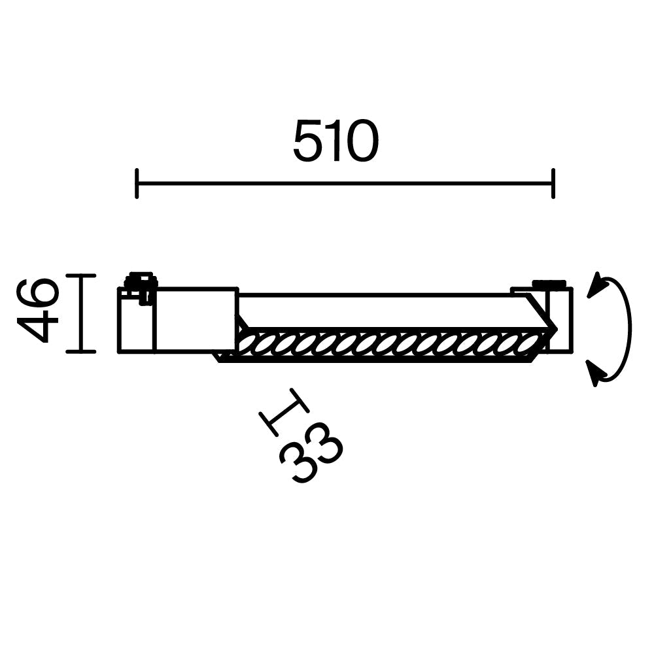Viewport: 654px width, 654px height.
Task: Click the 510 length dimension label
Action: [336, 141]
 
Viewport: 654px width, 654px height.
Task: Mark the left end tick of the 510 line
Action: [136, 183]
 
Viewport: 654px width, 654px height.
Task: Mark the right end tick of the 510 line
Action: [553, 183]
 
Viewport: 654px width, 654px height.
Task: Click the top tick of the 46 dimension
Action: [80, 275]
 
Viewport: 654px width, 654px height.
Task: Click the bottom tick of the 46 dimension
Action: [80, 351]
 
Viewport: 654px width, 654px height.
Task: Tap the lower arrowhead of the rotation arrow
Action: [596, 374]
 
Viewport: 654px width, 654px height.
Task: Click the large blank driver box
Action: [195, 319]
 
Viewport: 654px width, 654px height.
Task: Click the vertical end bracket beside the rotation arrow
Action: [564, 319]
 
